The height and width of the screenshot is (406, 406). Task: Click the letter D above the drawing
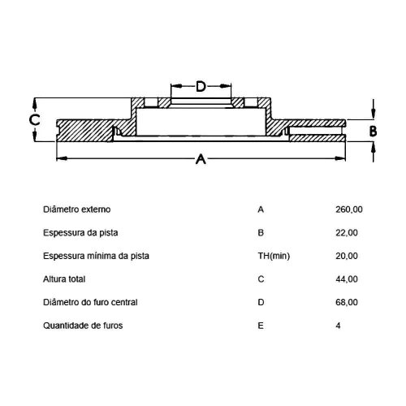[201, 86]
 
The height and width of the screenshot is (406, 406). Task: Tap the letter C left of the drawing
[35, 120]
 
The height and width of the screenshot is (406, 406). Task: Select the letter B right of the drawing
[373, 132]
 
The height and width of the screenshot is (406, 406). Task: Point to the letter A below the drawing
[201, 159]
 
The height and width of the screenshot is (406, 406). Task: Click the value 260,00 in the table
[349, 209]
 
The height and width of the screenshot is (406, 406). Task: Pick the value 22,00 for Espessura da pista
[347, 233]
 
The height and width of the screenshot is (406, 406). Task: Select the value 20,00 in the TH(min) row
[347, 256]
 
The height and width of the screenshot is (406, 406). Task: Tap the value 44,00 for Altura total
[347, 279]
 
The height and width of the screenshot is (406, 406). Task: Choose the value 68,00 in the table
[347, 302]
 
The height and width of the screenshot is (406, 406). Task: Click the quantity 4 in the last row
[338, 326]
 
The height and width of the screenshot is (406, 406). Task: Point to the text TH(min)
[274, 256]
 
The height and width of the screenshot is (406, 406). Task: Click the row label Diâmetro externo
[77, 209]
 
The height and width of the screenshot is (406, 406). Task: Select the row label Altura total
[64, 279]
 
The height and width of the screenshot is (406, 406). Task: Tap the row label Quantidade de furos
[83, 326]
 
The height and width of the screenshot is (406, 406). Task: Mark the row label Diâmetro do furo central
[90, 302]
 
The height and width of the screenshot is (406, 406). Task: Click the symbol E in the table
[261, 326]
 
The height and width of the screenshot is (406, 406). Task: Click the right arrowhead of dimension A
[340, 158]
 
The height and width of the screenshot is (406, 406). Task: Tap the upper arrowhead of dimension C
[35, 103]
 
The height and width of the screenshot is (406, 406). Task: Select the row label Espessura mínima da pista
[96, 256]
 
